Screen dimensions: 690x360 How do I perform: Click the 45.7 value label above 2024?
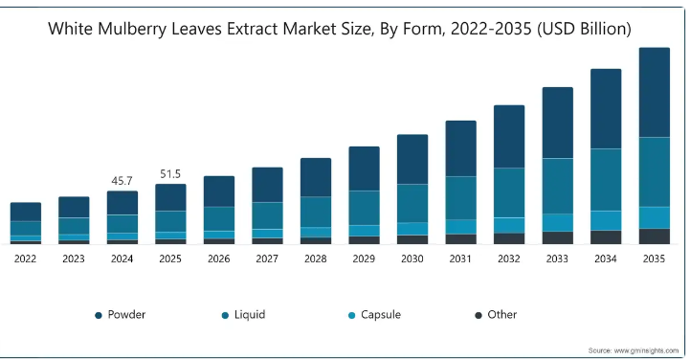pos(122,181)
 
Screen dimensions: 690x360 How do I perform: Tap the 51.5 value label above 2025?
pos(170,174)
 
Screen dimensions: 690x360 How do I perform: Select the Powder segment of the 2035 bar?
pos(655,93)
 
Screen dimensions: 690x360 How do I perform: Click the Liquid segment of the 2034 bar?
pos(606,180)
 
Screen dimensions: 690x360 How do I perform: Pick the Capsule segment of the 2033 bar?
pos(558,223)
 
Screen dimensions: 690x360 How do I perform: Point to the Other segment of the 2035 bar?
pos(655,236)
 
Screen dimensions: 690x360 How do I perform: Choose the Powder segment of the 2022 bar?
pos(26,212)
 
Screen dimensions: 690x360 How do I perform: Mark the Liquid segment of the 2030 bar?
pos(412,203)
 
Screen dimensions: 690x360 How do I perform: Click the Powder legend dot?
pos(99,315)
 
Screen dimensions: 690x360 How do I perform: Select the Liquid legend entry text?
pos(250,315)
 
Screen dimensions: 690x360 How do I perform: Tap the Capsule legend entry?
pos(374,315)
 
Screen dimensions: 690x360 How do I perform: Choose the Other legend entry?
pos(496,315)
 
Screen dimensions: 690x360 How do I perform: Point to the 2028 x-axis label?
pos(316,259)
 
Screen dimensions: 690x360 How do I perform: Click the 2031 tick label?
pos(460,259)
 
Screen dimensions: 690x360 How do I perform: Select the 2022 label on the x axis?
pos(25,259)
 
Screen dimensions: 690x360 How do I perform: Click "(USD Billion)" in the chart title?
pos(584,29)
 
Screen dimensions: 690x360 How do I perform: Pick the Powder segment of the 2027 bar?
pos(267,185)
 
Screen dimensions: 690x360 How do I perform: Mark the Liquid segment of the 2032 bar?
pos(509,192)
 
